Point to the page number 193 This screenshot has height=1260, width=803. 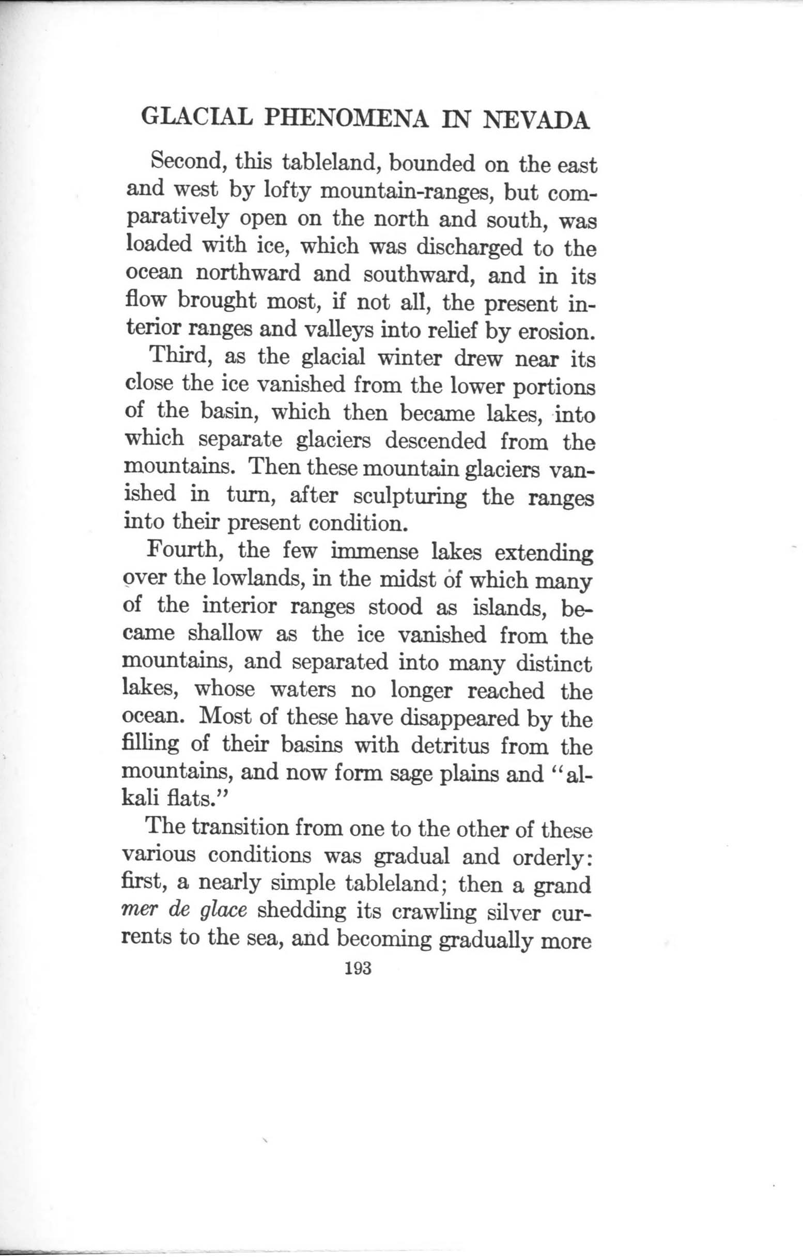click(358, 968)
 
